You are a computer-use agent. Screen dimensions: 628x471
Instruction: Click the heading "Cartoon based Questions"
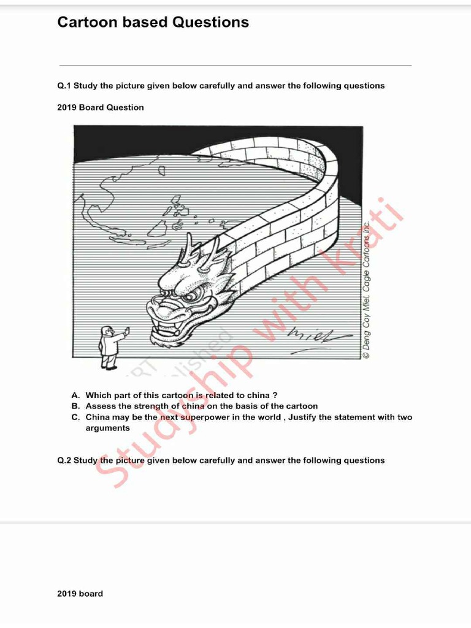pyautogui.click(x=153, y=23)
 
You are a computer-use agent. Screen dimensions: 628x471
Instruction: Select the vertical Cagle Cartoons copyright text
pyautogui.click(x=366, y=288)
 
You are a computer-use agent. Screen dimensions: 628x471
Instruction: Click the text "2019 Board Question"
pyautogui.click(x=101, y=107)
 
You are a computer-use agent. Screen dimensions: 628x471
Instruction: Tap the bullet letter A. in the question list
pyautogui.click(x=75, y=396)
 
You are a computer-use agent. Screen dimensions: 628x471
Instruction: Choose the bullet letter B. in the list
pyautogui.click(x=75, y=406)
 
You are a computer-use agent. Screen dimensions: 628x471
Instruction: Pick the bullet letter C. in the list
pyautogui.click(x=75, y=417)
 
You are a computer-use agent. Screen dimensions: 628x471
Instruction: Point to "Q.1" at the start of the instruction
pyautogui.click(x=64, y=86)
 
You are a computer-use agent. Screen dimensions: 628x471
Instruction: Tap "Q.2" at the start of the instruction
pyautogui.click(x=64, y=461)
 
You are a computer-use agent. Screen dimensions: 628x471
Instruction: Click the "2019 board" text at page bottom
pyautogui.click(x=80, y=594)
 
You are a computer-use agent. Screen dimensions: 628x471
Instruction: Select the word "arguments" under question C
pyautogui.click(x=107, y=428)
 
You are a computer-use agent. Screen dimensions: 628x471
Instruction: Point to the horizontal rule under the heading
pyautogui.click(x=235, y=66)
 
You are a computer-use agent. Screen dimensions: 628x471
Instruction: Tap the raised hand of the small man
pyautogui.click(x=127, y=331)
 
